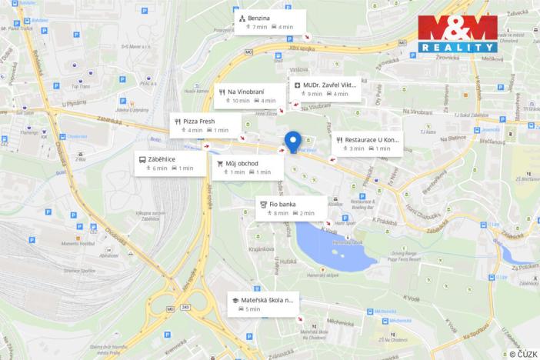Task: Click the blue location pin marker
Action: tap(292, 142)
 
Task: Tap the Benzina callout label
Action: tap(270, 22)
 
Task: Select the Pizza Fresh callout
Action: tap(205, 125)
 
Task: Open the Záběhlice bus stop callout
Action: tap(165, 163)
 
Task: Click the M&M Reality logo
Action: tap(457, 35)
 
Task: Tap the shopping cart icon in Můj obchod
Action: tap(220, 164)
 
